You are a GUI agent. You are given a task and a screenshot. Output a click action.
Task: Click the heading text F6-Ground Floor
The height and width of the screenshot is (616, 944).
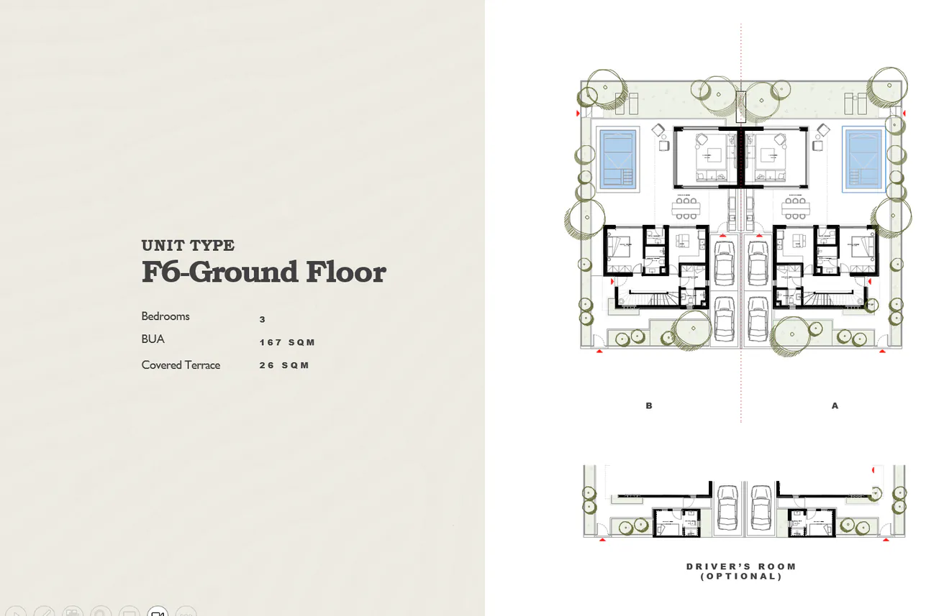(x=263, y=273)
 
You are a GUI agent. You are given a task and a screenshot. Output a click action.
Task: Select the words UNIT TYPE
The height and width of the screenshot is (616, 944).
(x=188, y=246)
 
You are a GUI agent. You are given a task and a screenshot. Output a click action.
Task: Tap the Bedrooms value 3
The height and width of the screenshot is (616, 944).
(x=263, y=319)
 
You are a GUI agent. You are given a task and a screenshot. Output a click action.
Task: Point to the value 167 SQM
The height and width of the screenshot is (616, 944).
(x=287, y=342)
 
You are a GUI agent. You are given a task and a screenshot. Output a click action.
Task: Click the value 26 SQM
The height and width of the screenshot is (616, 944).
(x=284, y=365)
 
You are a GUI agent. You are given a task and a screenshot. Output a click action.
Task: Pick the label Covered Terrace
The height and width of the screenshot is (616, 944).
(x=181, y=365)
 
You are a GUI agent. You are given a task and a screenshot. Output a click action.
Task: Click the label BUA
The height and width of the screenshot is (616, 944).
(x=153, y=339)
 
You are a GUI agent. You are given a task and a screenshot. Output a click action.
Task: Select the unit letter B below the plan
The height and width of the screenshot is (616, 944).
(x=649, y=406)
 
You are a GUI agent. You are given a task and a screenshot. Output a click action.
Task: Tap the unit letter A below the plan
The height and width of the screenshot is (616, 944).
(x=835, y=406)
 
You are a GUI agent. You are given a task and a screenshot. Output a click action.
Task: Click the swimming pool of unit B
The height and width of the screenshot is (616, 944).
(x=618, y=160)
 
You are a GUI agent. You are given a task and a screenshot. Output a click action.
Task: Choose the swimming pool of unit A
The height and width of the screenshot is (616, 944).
(x=863, y=160)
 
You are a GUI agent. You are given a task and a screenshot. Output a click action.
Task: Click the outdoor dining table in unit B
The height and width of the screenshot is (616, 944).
(x=686, y=208)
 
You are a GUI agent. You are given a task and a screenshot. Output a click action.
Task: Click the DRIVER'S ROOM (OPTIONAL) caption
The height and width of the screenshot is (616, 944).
(x=741, y=571)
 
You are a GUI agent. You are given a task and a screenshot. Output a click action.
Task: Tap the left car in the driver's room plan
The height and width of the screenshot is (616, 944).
(x=727, y=507)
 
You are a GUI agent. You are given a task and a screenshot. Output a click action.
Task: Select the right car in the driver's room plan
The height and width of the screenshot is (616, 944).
(x=760, y=507)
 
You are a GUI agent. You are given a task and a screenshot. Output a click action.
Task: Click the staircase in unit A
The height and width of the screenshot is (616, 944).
(x=827, y=298)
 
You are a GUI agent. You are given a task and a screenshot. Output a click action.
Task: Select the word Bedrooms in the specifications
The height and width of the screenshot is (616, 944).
(x=165, y=316)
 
